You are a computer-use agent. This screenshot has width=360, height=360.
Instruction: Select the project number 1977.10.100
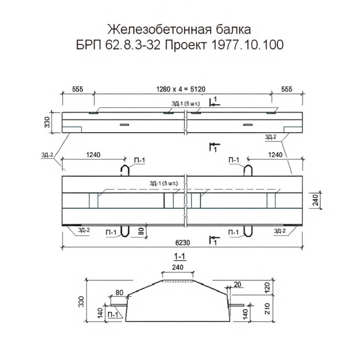tap(246, 45)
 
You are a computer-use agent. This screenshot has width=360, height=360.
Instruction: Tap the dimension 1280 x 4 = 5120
tap(181, 89)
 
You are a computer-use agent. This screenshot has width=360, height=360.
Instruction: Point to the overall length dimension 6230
tap(183, 243)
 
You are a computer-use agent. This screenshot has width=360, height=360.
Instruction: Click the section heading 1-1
tap(180, 257)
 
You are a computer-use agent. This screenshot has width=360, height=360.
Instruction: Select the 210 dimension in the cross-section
tap(268, 309)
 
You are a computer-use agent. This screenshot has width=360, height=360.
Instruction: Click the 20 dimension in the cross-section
tap(238, 285)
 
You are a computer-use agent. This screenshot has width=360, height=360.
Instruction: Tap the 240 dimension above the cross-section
tap(178, 267)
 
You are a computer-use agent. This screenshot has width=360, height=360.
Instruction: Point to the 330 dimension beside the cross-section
tap(81, 301)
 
